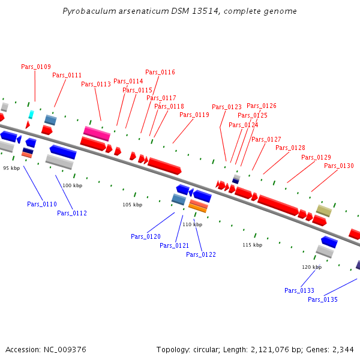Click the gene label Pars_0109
[x=35, y=67]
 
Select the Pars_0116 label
[x=160, y=72]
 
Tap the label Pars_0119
[x=194, y=115]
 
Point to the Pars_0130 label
[x=339, y=166]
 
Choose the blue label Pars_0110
[x=42, y=204]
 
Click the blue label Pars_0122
[x=201, y=254]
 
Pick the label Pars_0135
[x=323, y=299]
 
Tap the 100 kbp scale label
[x=72, y=186]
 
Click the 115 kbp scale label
[x=252, y=245]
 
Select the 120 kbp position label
[x=311, y=267]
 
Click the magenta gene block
[x=97, y=133]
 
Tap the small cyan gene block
[x=31, y=114]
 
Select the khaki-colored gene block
[x=324, y=211]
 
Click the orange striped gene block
[x=198, y=205]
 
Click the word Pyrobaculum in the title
[x=88, y=11]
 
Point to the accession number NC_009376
[x=65, y=349]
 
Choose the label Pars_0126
[x=262, y=106]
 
